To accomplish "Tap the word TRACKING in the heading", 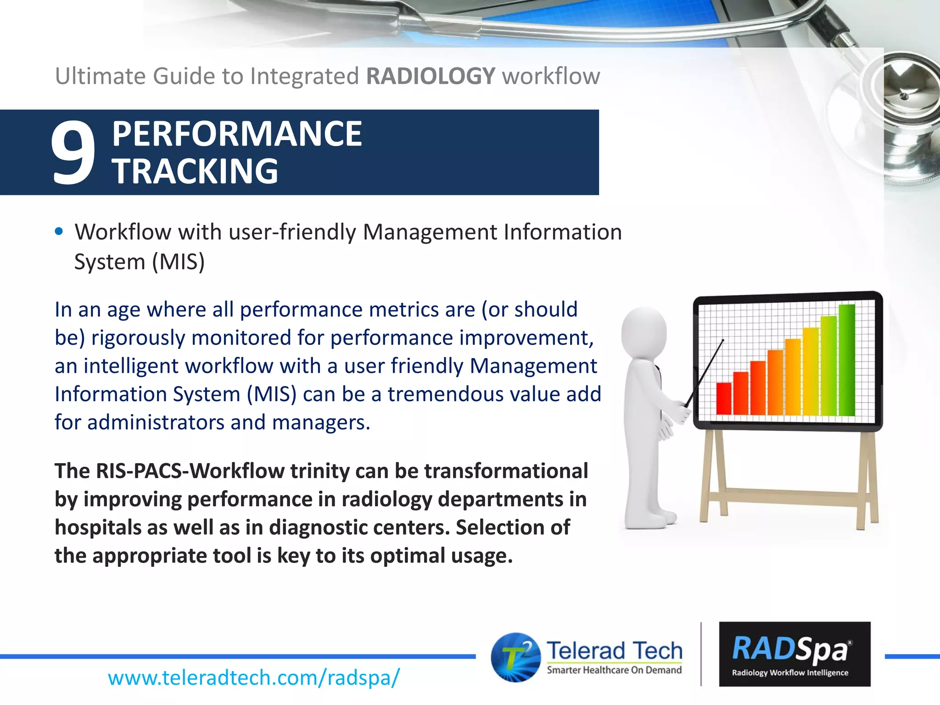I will click(195, 171).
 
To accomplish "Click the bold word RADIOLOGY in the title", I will click(431, 76).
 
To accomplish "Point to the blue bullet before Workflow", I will click(59, 231).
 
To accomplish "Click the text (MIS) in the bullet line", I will click(179, 262).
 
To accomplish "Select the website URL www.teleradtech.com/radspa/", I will click(254, 677).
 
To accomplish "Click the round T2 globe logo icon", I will click(515, 657).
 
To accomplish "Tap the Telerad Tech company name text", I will click(614, 650).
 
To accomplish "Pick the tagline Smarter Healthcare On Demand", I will click(614, 670).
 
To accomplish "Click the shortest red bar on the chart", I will click(724, 398).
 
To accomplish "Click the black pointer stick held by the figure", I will click(705, 373).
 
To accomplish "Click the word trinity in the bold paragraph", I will click(319, 471).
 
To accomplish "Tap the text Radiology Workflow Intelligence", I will click(790, 673).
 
